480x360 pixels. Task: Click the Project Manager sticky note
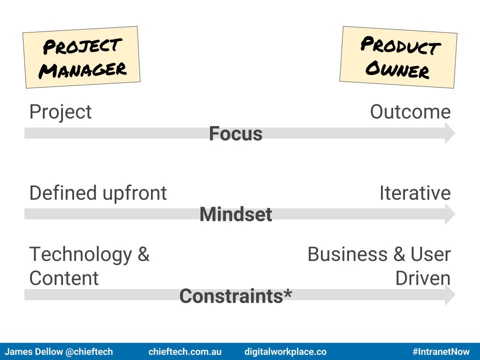point(81,57)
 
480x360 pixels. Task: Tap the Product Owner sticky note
point(398,57)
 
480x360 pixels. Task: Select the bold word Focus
point(235,134)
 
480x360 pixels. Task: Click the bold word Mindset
point(235,214)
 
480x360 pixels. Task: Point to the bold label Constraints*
point(235,296)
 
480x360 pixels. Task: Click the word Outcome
point(410,111)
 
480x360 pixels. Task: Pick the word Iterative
point(415,193)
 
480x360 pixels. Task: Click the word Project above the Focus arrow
point(60,112)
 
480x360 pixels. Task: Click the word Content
point(64,278)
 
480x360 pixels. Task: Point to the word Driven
point(423,278)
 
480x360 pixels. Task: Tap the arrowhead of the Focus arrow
point(450,133)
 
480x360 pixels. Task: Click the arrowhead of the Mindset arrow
point(450,214)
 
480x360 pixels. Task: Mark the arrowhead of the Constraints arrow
point(450,295)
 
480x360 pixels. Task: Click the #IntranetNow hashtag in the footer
point(441,351)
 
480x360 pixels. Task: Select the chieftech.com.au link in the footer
point(185,351)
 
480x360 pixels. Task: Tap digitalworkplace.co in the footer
point(285,351)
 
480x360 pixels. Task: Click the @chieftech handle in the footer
point(89,351)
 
